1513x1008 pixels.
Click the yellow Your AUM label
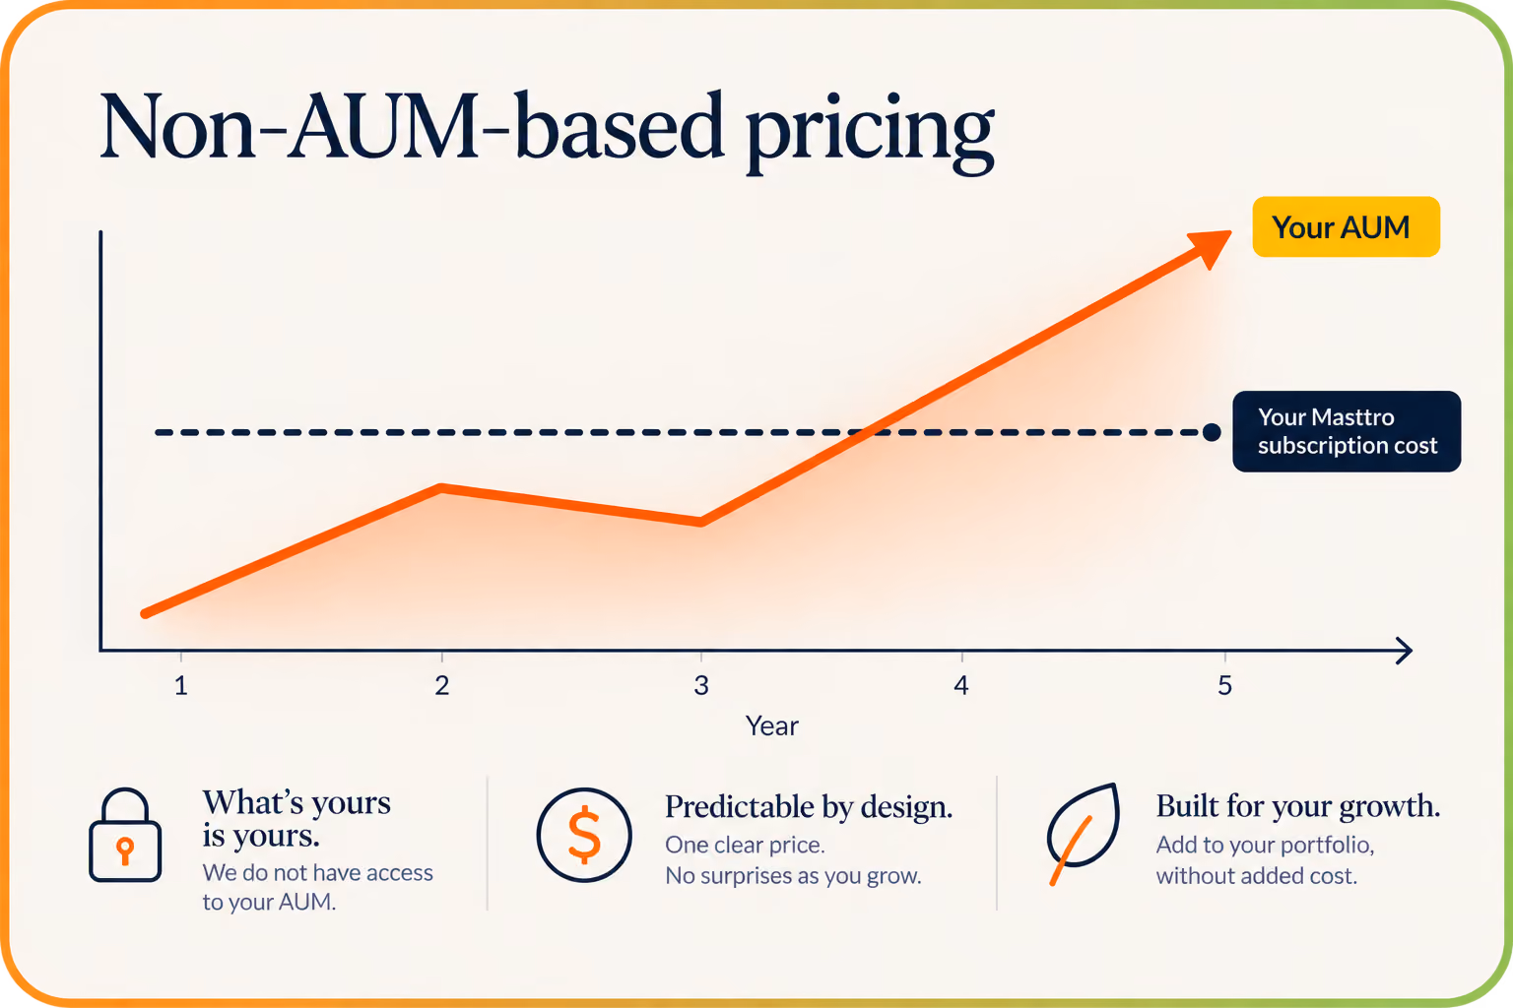tap(1347, 226)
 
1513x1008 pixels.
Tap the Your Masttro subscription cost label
tap(1347, 431)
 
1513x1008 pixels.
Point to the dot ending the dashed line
tap(1212, 432)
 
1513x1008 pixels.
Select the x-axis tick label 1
tap(181, 686)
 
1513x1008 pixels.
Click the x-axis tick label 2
tap(441, 686)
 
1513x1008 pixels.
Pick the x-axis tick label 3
tap(701, 686)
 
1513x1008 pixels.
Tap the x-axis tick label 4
tap(961, 686)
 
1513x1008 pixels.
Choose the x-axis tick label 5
tap(1225, 686)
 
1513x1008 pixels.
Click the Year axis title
tap(772, 726)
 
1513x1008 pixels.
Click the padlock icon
tap(125, 835)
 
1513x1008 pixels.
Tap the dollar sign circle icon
tap(584, 835)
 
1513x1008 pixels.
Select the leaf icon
tap(1083, 834)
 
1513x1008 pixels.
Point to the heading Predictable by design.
tap(809, 807)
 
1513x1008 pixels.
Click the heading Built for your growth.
tap(1298, 806)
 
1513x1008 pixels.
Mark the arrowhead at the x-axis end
tap(1405, 651)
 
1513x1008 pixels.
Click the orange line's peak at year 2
tap(441, 488)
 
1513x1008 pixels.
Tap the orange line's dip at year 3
tap(701, 522)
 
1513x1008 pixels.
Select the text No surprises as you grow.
tap(793, 876)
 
